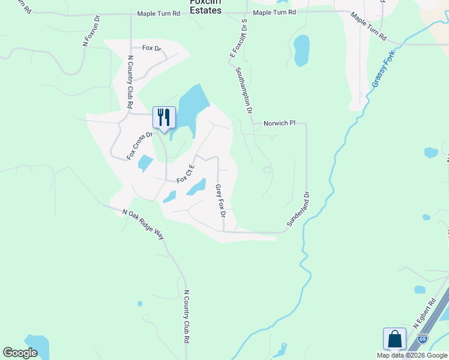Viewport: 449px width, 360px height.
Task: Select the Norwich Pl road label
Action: tap(280, 123)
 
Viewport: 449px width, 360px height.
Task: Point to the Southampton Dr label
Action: tap(246, 90)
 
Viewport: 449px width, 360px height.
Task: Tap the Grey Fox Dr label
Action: tap(220, 200)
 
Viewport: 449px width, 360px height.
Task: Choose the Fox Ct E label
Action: tap(185, 175)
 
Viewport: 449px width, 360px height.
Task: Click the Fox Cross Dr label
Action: tap(140, 146)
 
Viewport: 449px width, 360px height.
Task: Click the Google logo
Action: tap(20, 352)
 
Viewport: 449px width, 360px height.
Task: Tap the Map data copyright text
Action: tap(412, 355)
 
